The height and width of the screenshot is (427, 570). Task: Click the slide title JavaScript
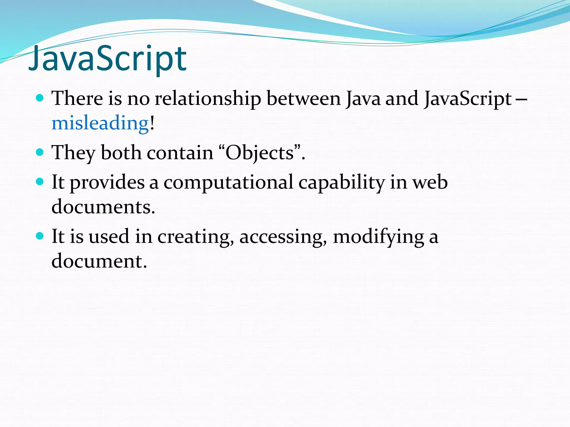click(x=107, y=59)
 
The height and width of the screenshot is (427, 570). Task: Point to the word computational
click(x=228, y=183)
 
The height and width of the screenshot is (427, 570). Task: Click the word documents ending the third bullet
click(x=103, y=207)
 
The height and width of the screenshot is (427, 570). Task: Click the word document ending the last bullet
click(x=99, y=261)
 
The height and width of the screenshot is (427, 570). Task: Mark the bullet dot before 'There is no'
click(x=40, y=98)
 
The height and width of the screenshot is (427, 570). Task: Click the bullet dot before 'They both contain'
click(x=40, y=152)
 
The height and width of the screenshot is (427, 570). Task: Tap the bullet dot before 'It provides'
click(x=40, y=182)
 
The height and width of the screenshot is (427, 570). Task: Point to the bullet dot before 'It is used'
click(x=40, y=236)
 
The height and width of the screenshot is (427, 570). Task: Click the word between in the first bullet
click(x=304, y=99)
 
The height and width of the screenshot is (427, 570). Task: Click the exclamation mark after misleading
click(x=152, y=123)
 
